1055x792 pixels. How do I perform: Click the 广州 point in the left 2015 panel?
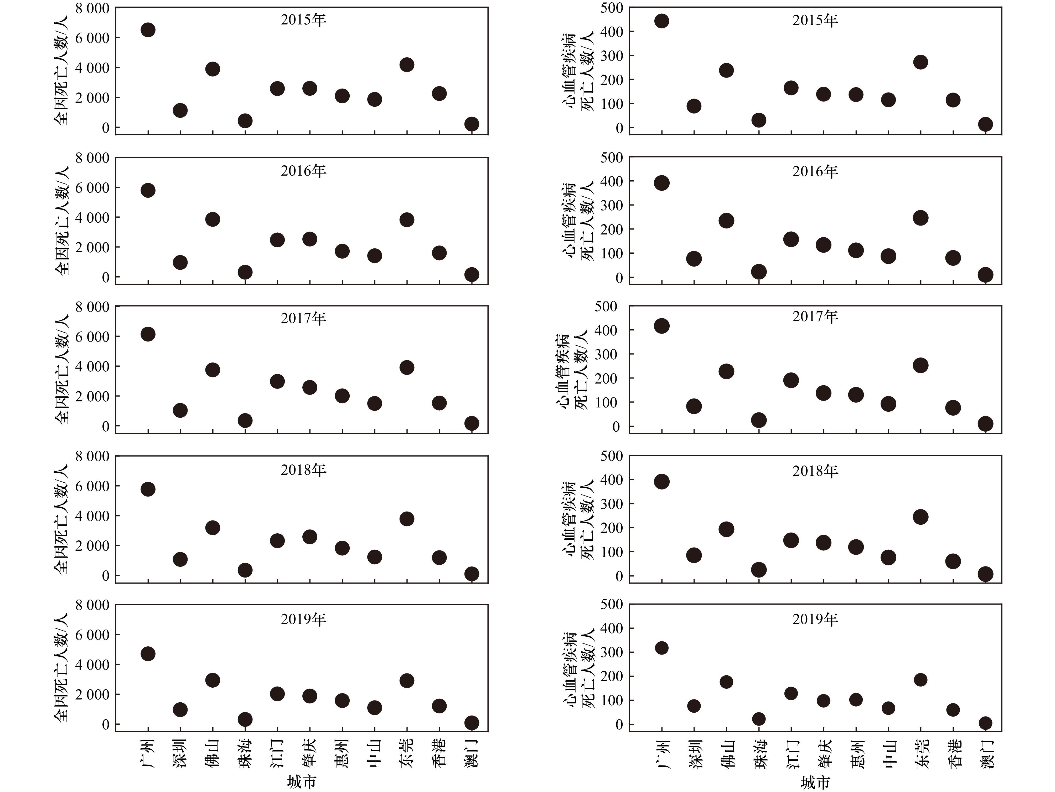click(x=148, y=30)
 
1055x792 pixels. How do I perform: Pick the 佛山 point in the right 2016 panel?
click(x=726, y=221)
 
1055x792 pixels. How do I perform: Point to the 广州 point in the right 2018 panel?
click(x=661, y=481)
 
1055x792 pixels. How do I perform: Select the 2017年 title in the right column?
click(x=815, y=317)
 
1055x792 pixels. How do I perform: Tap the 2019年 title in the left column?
click(x=303, y=619)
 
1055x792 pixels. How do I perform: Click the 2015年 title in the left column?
click(x=303, y=20)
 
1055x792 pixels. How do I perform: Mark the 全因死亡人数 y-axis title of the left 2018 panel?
click(x=62, y=519)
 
